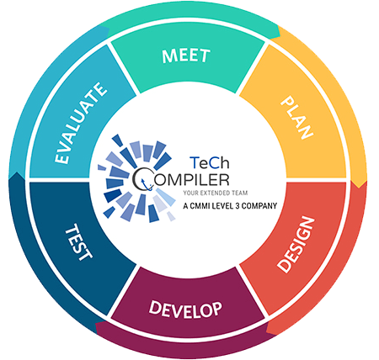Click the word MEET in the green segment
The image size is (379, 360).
tap(186, 56)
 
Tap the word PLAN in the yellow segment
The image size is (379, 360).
tap(297, 118)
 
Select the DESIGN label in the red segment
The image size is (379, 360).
tap(296, 245)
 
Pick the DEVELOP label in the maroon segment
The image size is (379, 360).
tap(185, 310)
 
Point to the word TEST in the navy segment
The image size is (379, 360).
tap(79, 242)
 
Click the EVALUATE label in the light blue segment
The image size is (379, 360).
tap(81, 123)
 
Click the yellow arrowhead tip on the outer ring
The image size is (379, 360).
tap(359, 188)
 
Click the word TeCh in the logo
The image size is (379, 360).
tap(210, 162)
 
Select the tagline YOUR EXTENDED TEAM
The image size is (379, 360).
tap(216, 193)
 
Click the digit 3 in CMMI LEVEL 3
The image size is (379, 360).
tap(238, 206)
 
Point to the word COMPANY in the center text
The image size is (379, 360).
tap(259, 206)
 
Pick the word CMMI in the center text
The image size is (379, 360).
tap(198, 206)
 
